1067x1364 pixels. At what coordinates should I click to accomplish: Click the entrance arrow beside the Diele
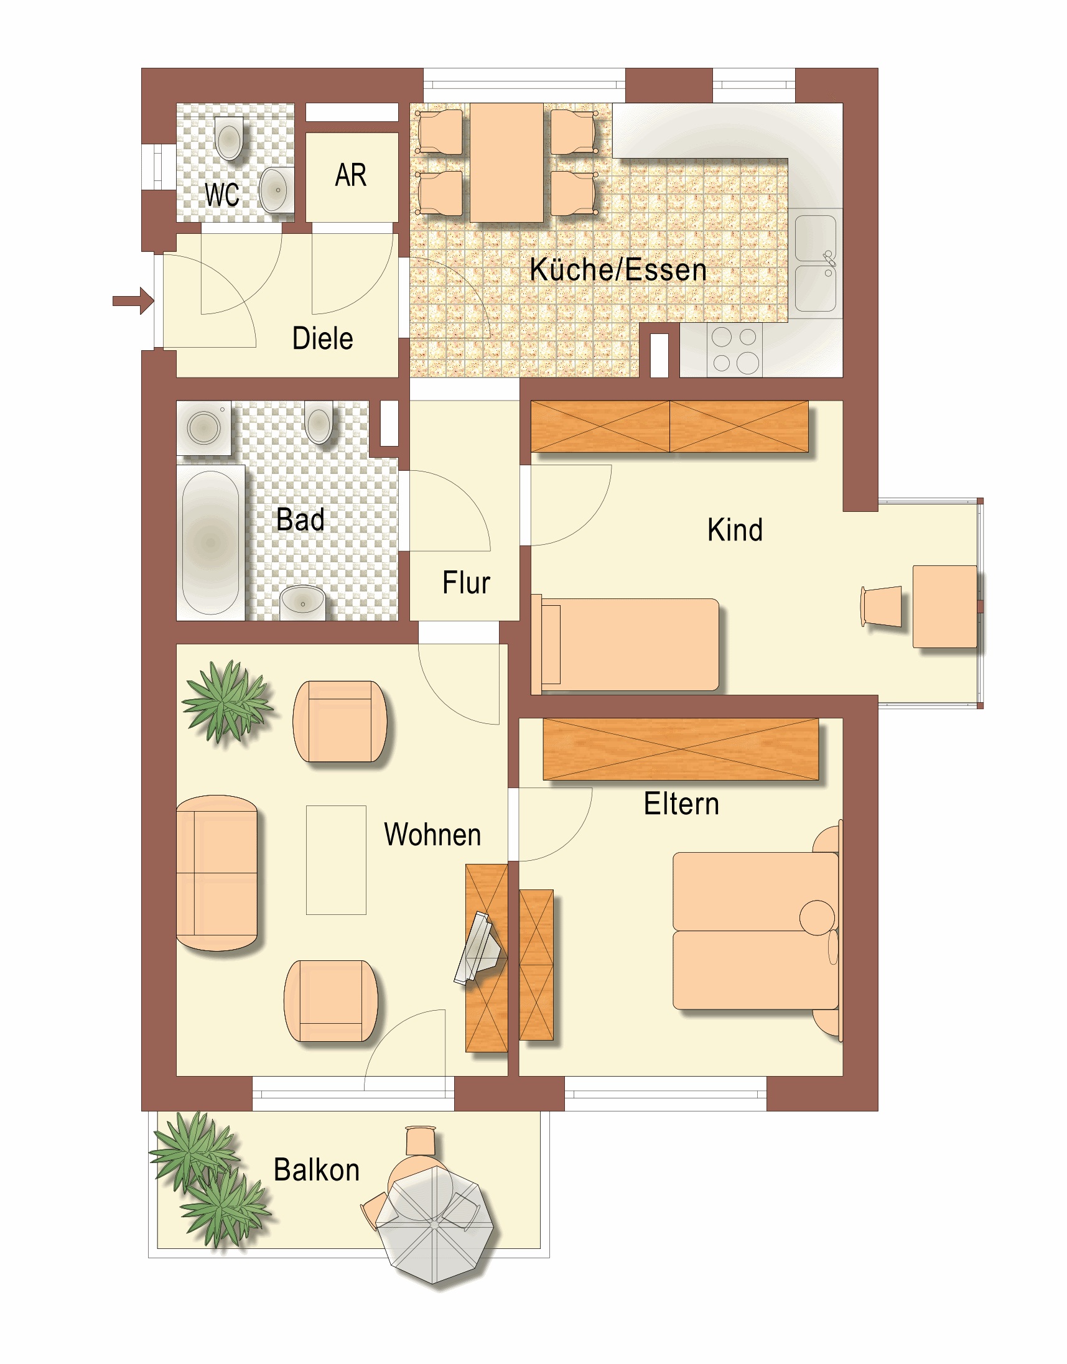click(133, 301)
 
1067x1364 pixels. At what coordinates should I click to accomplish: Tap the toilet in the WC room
click(229, 138)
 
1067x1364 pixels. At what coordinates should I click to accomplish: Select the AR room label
click(350, 175)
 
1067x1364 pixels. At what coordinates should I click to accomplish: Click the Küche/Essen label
click(618, 270)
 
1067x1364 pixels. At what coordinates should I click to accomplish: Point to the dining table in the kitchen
click(506, 162)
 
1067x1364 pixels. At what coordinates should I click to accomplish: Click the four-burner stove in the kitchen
click(735, 350)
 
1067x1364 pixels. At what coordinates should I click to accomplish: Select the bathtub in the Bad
click(211, 543)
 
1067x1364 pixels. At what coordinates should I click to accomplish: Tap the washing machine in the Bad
click(203, 428)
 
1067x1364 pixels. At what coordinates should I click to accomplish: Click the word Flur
click(466, 583)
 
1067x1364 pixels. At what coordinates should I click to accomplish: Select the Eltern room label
click(681, 804)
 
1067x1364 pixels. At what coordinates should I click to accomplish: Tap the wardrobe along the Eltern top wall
click(681, 749)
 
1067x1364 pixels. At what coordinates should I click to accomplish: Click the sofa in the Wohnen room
click(217, 873)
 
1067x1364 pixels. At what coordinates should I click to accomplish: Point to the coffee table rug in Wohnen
click(336, 860)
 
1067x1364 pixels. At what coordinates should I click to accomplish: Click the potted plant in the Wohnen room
click(227, 702)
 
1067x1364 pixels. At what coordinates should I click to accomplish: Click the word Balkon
click(317, 1170)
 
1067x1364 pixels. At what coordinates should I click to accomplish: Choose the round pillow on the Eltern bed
click(817, 917)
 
